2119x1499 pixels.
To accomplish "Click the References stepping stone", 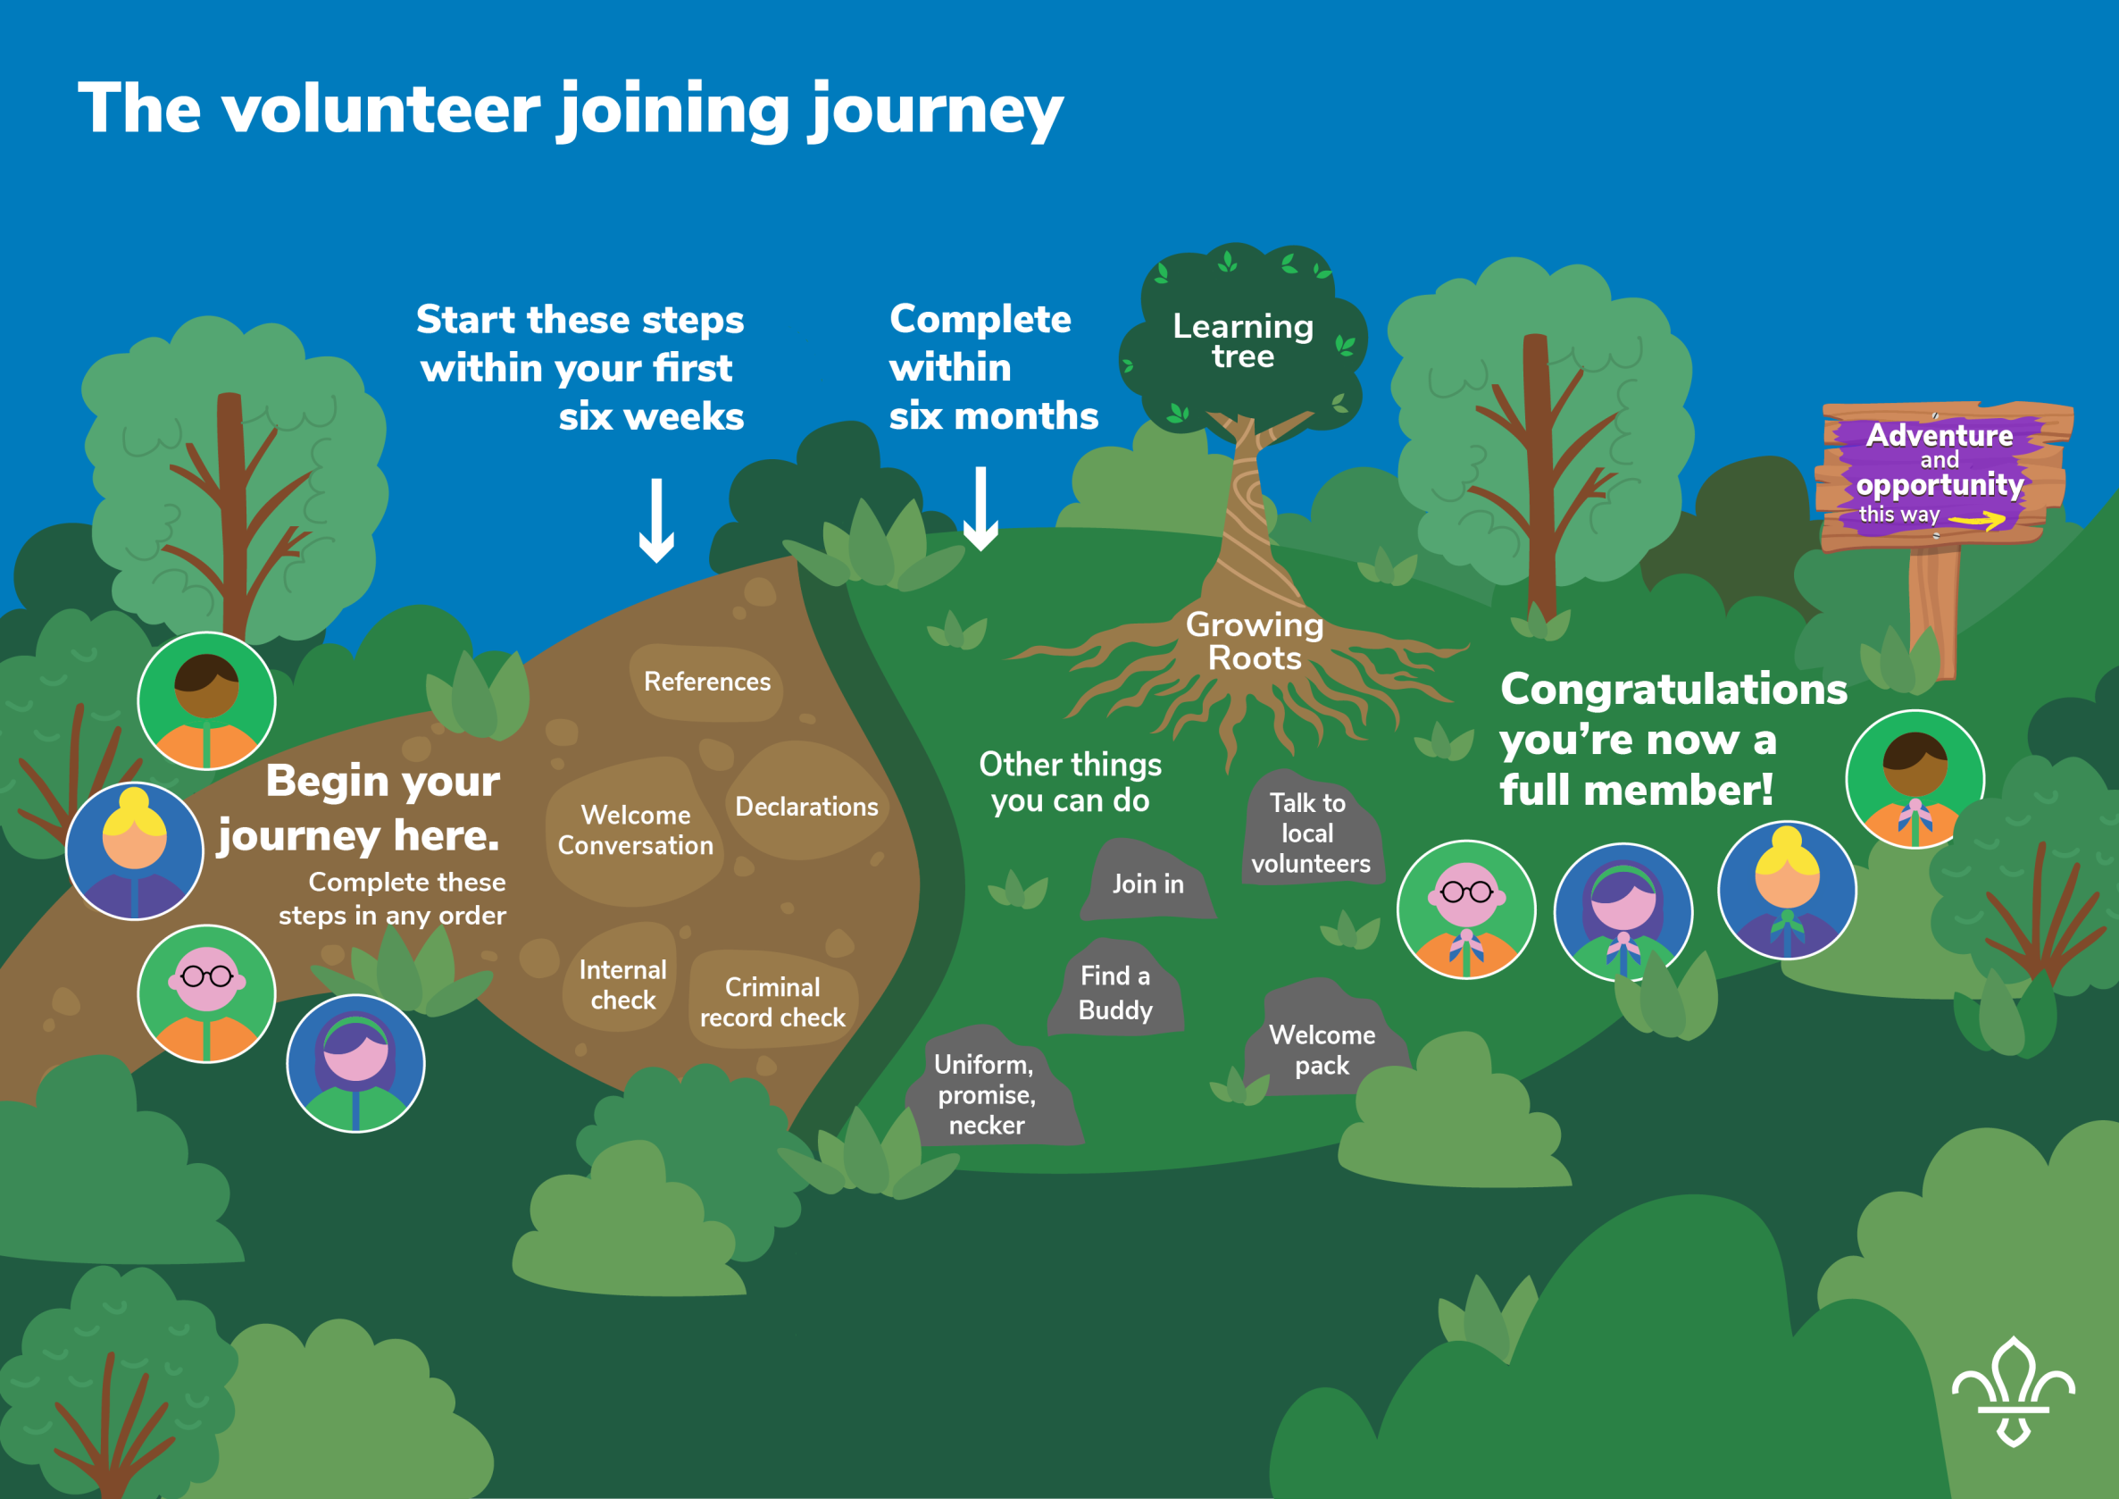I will point(707,683).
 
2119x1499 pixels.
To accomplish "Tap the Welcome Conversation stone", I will point(635,830).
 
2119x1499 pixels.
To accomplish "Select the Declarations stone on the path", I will point(806,807).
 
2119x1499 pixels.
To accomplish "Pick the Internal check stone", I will point(623,984).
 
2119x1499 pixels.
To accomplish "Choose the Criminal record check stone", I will point(772,1001).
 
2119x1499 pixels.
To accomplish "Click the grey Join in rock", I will point(1147,884).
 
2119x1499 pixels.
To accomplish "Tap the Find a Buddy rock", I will point(1115,992).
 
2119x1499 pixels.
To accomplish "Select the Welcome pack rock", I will point(1322,1050).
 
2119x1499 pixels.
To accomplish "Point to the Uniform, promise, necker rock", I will point(986,1093).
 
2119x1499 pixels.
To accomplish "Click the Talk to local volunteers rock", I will point(1310,833).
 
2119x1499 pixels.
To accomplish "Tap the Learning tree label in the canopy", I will point(1242,340).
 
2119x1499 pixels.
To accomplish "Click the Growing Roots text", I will point(1255,641).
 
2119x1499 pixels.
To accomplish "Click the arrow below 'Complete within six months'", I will point(980,508).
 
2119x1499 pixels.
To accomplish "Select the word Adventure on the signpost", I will point(1939,435).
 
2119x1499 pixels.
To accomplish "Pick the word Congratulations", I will point(1673,690).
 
